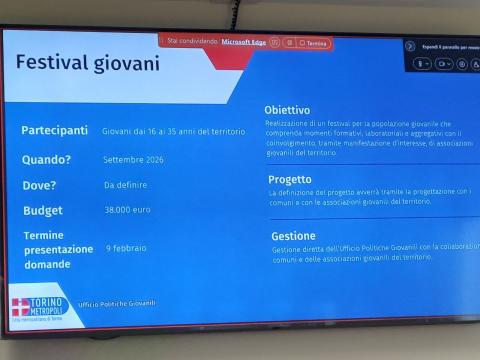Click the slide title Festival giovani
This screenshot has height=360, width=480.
87,63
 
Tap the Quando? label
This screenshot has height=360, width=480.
47,159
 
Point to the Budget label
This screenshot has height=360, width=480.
43,211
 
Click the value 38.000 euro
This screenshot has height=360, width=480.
128,211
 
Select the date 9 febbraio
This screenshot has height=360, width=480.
126,248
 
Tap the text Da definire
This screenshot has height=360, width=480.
125,185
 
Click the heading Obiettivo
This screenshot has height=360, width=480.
287,109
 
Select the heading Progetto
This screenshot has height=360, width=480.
290,180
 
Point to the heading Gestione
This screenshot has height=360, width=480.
293,237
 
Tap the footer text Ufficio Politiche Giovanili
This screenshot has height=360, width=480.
119,303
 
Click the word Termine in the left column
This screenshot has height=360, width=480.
44,235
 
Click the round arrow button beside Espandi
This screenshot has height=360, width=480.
410,46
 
